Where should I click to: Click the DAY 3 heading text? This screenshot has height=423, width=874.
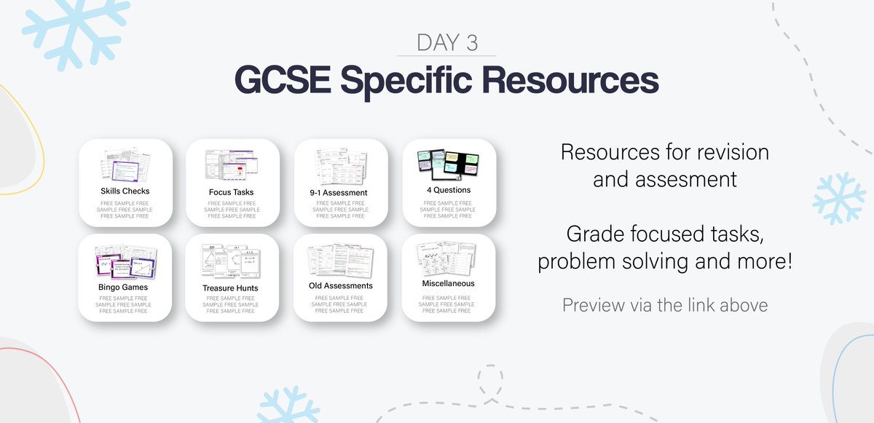tap(447, 42)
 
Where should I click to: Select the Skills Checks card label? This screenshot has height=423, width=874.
tap(125, 191)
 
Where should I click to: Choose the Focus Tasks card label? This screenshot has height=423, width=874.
tap(231, 192)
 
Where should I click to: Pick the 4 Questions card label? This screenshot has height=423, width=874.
tap(449, 190)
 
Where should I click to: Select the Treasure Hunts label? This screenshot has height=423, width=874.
tap(231, 288)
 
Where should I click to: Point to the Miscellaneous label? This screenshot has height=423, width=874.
tap(448, 282)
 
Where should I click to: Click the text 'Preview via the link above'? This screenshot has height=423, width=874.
tap(664, 305)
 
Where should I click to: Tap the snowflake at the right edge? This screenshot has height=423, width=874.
tap(839, 197)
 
